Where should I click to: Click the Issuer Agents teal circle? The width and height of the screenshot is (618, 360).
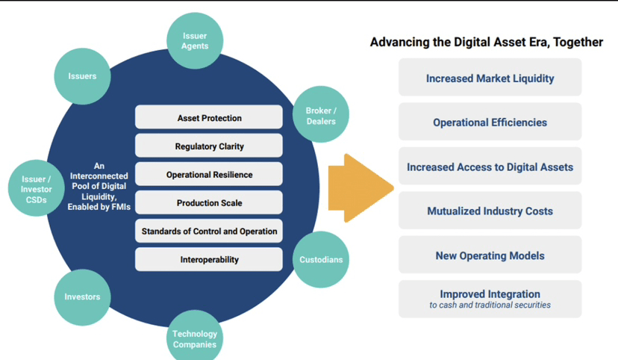coord(195,41)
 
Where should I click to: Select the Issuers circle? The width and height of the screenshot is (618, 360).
coord(82,76)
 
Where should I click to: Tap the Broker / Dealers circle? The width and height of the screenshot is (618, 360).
coord(321,116)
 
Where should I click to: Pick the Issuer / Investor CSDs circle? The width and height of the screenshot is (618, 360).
coord(37,190)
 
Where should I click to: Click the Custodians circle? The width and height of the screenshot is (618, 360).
coord(321,260)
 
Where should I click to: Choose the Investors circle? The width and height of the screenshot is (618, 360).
coord(82,297)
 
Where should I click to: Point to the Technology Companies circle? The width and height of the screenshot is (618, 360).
coord(195,338)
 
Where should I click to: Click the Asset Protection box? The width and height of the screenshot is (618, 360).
coord(209,118)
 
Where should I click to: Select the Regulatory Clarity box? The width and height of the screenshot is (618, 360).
coord(209,146)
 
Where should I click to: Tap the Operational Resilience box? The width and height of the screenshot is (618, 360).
coord(209,175)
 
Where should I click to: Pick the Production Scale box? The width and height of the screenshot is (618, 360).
coord(209,203)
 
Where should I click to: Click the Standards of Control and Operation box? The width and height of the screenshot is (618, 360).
coord(209,232)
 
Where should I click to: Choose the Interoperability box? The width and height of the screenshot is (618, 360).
coord(209,260)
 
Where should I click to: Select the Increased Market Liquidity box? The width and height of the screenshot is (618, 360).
coord(490,78)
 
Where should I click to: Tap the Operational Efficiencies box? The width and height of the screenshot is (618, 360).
coord(490,122)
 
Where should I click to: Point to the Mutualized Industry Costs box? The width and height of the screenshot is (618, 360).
coord(490,211)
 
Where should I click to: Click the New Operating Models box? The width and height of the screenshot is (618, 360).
coord(490,255)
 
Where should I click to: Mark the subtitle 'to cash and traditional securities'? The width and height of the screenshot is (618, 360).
coord(490,305)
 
